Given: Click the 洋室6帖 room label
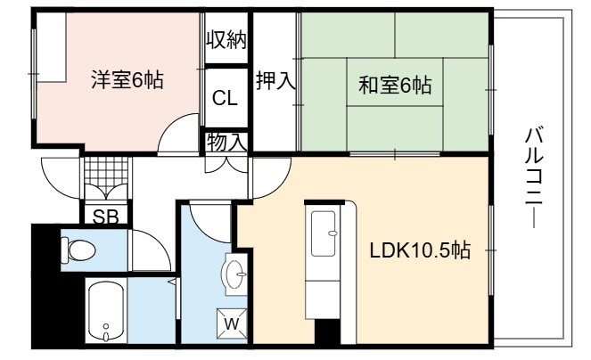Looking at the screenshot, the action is [127, 79].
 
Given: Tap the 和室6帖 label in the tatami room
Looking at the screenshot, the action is [395, 85].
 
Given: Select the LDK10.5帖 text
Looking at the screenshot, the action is [420, 250].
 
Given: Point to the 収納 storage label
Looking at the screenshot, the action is [226, 39].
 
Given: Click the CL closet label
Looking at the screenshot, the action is [225, 98].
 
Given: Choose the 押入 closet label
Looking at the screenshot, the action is [275, 80].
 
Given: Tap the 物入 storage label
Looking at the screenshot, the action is [226, 142].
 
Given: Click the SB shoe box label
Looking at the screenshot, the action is [105, 217].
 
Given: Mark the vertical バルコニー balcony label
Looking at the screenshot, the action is [534, 178].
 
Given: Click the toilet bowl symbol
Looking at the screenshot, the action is [78, 250].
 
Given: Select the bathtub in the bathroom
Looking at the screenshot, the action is [106, 311].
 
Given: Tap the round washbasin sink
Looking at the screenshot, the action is [234, 274].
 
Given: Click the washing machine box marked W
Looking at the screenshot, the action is [232, 323].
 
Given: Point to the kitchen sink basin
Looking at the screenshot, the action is [324, 233].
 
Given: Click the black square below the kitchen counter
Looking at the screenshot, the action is [327, 331].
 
